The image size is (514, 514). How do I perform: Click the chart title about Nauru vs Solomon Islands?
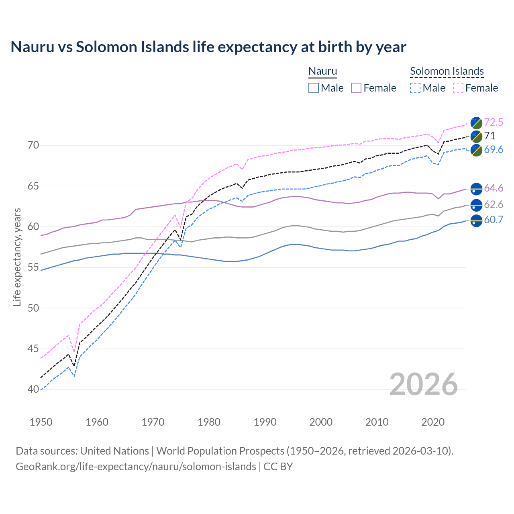click(x=208, y=47)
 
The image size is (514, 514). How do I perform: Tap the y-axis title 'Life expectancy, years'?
click(x=17, y=257)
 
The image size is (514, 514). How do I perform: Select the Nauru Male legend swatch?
click(x=314, y=88)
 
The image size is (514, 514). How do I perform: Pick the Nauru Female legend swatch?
click(x=356, y=88)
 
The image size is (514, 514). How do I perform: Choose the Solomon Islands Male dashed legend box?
click(x=415, y=88)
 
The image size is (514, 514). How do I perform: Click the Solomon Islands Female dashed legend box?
click(x=458, y=88)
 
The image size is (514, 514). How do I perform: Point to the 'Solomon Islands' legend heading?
click(x=447, y=71)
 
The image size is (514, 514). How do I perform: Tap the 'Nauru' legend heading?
click(x=322, y=71)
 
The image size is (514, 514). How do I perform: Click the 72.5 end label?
click(x=494, y=122)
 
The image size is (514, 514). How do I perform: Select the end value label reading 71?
click(x=490, y=136)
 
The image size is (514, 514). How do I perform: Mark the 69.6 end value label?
click(x=494, y=149)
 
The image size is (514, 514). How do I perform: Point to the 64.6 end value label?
click(x=494, y=188)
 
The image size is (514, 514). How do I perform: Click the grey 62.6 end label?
click(x=494, y=204)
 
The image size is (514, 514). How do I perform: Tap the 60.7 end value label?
click(x=494, y=220)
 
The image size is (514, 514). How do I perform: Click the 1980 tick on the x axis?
click(x=209, y=422)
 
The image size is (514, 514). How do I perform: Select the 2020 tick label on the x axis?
click(x=433, y=422)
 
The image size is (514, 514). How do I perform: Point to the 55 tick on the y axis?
click(x=33, y=267)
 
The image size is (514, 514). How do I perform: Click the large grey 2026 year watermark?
click(x=424, y=384)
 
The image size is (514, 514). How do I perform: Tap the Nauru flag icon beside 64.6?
click(x=476, y=188)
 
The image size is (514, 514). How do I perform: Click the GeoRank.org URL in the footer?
click(x=136, y=467)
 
